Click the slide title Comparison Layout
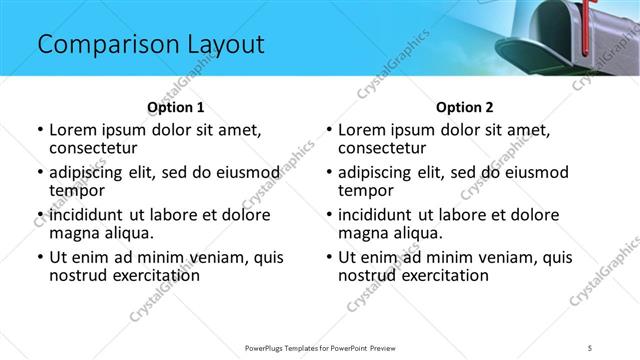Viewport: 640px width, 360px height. pyautogui.click(x=150, y=45)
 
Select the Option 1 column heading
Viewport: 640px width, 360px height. pyautogui.click(x=176, y=107)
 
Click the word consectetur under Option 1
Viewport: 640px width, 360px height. pyautogui.click(x=96, y=149)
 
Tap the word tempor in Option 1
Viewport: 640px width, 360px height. pyautogui.click(x=76, y=191)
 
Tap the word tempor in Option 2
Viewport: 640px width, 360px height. pyautogui.click(x=365, y=191)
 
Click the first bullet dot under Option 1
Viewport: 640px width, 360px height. pyautogui.click(x=40, y=130)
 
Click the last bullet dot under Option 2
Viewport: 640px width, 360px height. pyautogui.click(x=329, y=257)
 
